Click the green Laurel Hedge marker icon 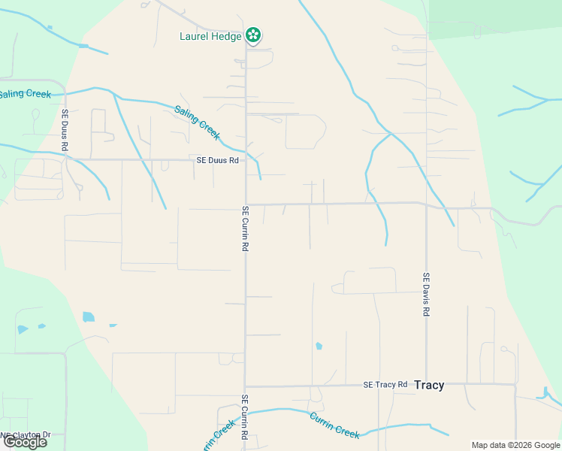click(254, 35)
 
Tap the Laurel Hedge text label click(210, 36)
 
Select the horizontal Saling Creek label click(24, 95)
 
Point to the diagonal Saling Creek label click(198, 122)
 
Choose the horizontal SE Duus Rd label click(217, 160)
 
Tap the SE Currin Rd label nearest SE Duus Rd click(245, 229)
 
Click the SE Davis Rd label click(426, 294)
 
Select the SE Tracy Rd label click(385, 384)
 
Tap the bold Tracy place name click(429, 385)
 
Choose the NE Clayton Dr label click(26, 434)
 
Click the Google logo click(25, 442)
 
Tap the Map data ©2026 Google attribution click(516, 445)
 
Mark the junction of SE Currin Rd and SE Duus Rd click(246, 159)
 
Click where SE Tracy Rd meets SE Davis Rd click(426, 384)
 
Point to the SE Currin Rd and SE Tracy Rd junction click(246, 386)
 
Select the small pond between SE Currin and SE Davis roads click(319, 347)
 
